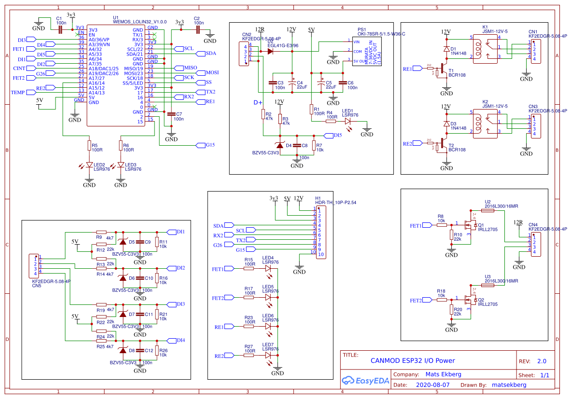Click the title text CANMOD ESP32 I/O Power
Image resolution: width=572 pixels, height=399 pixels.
[x=412, y=360]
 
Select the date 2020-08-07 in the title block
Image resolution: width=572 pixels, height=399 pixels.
[x=432, y=385]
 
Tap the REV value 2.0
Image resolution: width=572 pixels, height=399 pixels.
[x=542, y=361]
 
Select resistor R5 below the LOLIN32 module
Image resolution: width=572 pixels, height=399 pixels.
[x=89, y=145]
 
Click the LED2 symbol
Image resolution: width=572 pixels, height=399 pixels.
[x=89, y=165]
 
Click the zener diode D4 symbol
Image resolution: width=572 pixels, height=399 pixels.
[x=280, y=145]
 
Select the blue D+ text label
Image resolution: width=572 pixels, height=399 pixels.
[x=258, y=103]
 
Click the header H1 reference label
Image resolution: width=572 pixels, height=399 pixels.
[x=318, y=198]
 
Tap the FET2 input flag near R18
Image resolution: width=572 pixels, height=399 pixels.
[x=416, y=300]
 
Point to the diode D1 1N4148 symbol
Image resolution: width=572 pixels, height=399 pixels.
[x=446, y=49]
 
